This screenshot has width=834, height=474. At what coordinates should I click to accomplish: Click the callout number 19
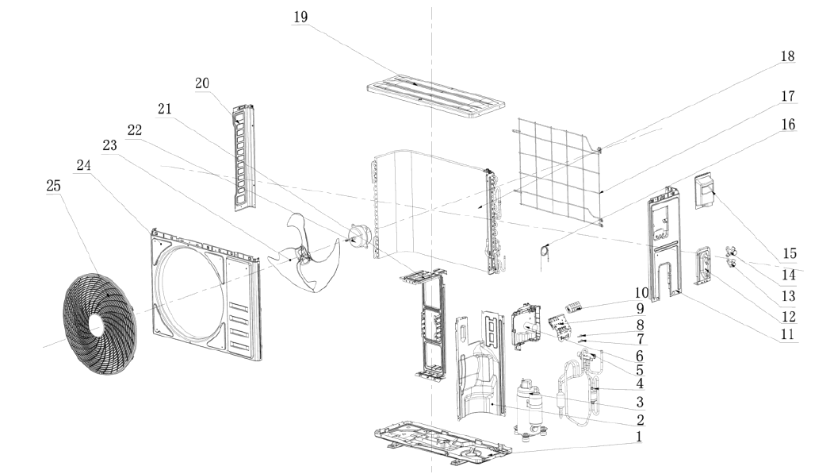[x=300, y=17]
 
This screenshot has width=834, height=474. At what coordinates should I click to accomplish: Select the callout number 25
[x=54, y=186]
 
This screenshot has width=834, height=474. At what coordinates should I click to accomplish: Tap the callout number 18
[x=787, y=56]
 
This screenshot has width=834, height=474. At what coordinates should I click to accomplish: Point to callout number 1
[x=639, y=437]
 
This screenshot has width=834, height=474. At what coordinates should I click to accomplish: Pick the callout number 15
[x=790, y=253]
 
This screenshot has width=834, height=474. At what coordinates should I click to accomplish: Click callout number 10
[x=641, y=292]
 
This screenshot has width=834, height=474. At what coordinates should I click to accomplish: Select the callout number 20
[x=202, y=83]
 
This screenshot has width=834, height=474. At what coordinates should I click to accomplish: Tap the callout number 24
[x=83, y=165]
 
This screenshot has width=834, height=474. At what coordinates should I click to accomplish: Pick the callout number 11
[x=787, y=334]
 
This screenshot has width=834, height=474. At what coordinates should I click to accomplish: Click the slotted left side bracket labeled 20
[x=244, y=156]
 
